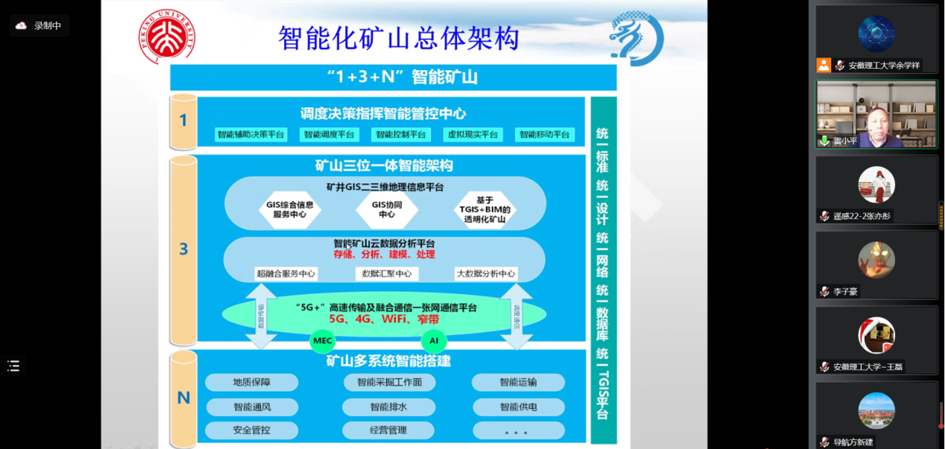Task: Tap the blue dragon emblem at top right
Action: [x=636, y=38]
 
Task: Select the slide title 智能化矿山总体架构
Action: [x=398, y=38]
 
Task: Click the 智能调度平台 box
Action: [x=328, y=135]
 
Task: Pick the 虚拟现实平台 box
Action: [x=473, y=135]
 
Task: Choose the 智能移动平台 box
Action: [x=545, y=135]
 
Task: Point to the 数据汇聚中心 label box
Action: [x=387, y=274]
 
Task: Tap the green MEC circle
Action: [x=323, y=341]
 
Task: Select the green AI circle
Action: [x=434, y=341]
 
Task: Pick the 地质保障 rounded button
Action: [x=252, y=382]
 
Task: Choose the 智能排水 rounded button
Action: [x=388, y=407]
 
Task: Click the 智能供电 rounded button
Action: [x=518, y=407]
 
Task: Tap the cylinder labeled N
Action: [x=183, y=398]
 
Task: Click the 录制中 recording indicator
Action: [x=40, y=26]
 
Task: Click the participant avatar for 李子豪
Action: [x=876, y=259]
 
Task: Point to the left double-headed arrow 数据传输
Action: [x=261, y=316]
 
